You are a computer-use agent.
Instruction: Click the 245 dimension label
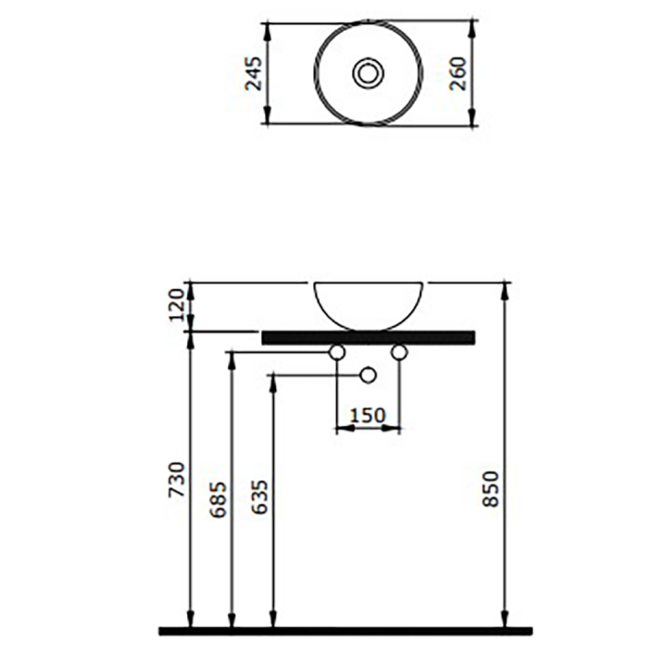254,74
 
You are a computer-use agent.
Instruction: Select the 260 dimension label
459,74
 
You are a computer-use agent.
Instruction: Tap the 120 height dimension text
176,305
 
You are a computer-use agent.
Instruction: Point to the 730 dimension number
176,480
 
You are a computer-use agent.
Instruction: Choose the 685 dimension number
218,500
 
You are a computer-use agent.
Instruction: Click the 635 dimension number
260,497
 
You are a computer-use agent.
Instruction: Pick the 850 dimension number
490,489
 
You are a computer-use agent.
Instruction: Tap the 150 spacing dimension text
368,415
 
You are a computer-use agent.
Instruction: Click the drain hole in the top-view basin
368,73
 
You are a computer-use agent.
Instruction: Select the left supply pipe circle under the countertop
337,352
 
